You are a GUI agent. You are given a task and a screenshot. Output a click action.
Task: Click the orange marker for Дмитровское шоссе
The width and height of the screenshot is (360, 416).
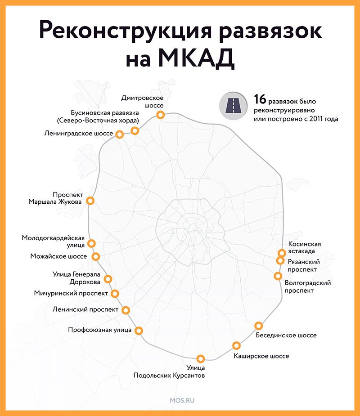coord(160,115)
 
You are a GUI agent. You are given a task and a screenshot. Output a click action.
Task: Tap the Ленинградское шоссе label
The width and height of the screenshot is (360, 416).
coord(79,133)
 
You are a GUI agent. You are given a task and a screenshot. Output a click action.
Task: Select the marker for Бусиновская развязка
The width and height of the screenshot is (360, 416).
coord(135,130)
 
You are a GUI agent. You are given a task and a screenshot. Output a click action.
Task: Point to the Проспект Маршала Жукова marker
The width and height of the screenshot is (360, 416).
coord(90,201)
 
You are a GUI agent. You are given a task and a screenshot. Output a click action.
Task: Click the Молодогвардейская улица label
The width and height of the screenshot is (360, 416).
coord(53,241)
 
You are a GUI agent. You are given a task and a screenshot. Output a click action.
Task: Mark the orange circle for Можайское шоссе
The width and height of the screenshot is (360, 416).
coord(95,256)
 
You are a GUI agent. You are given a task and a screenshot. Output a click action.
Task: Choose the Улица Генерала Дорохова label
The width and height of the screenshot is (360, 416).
coord(76,278)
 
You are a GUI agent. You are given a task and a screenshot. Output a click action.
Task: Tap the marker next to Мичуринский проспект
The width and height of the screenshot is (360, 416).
coord(115,293)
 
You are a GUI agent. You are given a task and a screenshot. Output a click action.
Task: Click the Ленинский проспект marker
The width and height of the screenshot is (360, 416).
coord(126,310)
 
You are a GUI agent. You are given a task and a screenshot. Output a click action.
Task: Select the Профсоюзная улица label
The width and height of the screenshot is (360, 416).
coord(100,330)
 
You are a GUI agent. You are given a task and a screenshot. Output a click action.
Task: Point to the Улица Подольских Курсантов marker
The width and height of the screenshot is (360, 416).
coord(201,359)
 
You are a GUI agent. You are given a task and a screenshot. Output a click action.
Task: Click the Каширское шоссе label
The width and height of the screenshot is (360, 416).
coord(261,356)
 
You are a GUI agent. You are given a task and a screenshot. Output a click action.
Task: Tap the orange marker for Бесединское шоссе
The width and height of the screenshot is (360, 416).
coord(259,326)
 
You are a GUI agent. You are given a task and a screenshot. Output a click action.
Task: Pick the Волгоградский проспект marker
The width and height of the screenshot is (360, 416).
coord(278,276)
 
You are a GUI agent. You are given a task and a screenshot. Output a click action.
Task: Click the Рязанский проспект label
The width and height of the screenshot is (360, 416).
coord(304,265)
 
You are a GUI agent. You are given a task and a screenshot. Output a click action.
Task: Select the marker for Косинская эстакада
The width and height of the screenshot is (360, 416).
coord(282,253)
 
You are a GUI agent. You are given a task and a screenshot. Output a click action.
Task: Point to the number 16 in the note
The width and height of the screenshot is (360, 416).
coord(260,99)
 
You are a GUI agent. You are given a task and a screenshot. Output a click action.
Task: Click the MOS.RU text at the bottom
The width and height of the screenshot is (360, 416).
coord(182,400)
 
